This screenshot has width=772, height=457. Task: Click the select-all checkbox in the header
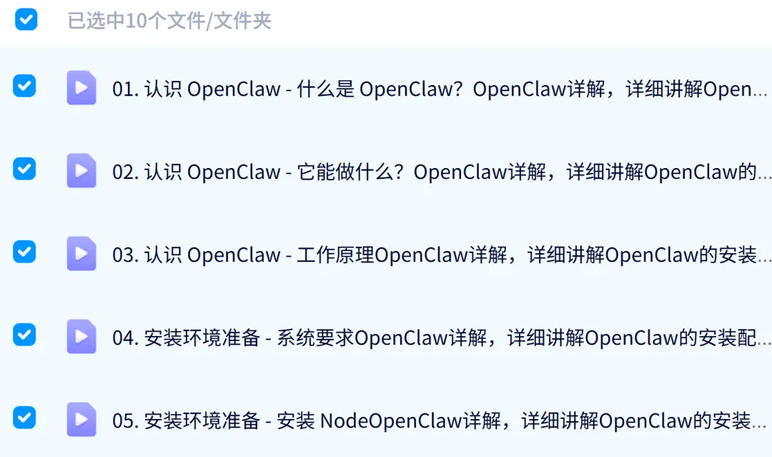(26, 19)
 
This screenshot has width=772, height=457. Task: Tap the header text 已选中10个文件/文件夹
(169, 21)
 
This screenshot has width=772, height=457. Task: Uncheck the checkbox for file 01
(24, 87)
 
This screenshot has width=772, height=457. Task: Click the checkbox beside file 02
(24, 169)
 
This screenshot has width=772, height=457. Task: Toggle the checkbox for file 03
(24, 252)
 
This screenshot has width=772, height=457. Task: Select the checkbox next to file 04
(24, 335)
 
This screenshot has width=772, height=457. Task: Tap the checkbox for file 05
(24, 417)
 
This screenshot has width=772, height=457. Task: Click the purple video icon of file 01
(81, 88)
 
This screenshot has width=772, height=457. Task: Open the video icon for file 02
(81, 171)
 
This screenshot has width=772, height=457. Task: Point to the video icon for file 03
(81, 254)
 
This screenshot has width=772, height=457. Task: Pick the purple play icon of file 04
(81, 337)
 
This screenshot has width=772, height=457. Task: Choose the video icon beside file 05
(81, 420)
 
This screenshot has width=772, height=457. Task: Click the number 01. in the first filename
(125, 89)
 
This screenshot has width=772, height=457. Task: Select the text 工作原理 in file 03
(336, 255)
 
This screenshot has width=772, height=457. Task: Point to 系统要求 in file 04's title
(315, 338)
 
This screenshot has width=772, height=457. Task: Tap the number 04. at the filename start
(125, 338)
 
